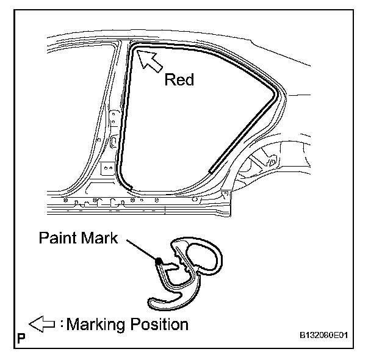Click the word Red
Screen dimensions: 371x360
coord(179,80)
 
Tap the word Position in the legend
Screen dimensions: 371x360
coord(160,323)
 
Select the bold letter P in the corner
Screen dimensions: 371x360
coord(21,337)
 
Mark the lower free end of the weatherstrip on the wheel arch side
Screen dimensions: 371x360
coord(211,170)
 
